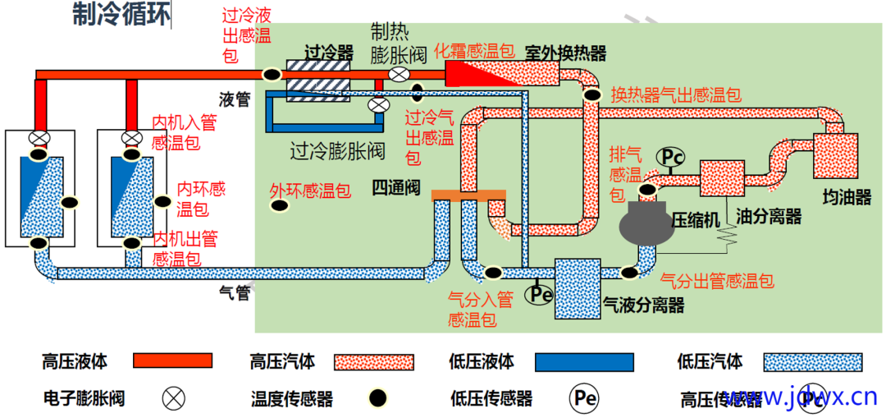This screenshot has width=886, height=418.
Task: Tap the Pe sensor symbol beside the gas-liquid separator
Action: pyautogui.click(x=539, y=292)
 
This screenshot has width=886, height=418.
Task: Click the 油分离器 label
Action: pyautogui.click(x=769, y=217)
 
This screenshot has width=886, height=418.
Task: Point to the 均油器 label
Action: pyautogui.click(x=847, y=196)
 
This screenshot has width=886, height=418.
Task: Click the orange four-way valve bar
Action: pyautogui.click(x=468, y=195)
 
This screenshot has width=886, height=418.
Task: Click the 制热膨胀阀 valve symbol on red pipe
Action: pyautogui.click(x=399, y=75)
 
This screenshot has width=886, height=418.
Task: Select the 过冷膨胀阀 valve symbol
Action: pyautogui.click(x=378, y=105)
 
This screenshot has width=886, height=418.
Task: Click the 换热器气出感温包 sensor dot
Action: pyautogui.click(x=591, y=94)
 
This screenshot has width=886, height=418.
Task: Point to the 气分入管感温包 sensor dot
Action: pyautogui.click(x=492, y=272)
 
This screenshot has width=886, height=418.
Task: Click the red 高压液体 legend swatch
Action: pyautogui.click(x=172, y=361)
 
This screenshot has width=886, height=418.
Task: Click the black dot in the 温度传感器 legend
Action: pyautogui.click(x=377, y=398)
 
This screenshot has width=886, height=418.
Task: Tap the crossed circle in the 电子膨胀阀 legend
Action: pyautogui.click(x=173, y=398)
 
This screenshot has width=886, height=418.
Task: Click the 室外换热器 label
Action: pyautogui.click(x=565, y=53)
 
